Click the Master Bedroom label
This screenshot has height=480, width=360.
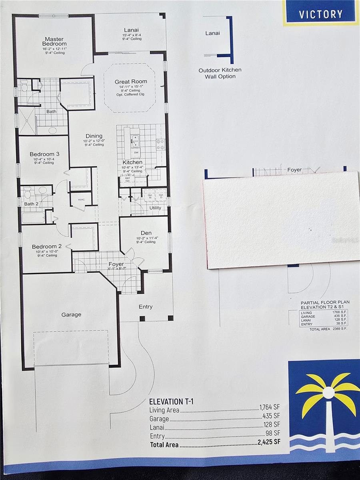coord(55,41)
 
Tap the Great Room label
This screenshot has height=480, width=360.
coord(131,82)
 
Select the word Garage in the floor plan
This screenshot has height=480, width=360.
coord(71,315)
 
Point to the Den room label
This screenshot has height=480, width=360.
coord(146,233)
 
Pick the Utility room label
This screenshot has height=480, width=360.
coord(155,208)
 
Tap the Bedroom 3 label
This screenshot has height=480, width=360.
coord(44,154)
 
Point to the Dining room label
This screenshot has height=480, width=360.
coord(94,136)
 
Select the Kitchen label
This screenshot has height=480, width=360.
coord(132,162)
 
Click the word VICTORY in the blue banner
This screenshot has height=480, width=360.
coord(321,14)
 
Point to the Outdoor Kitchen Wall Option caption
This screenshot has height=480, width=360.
coord(220,73)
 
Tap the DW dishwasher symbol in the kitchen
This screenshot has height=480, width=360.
coord(136,152)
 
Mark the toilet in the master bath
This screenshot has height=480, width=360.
coord(25,85)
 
